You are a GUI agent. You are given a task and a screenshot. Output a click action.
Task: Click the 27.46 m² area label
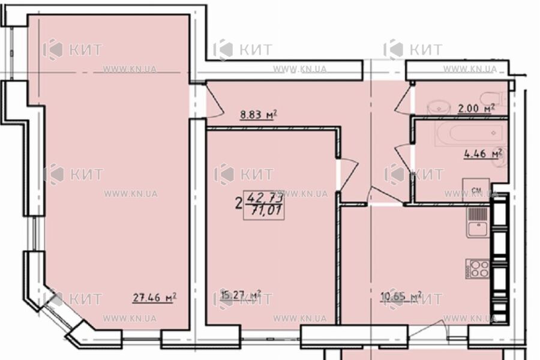pyautogui.click(x=154, y=296)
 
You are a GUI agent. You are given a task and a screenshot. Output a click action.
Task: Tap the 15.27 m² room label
pyautogui.click(x=240, y=295)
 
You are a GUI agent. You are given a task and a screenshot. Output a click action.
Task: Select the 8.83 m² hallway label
pyautogui.click(x=257, y=114)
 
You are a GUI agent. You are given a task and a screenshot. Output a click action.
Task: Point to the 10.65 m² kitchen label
pyautogui.click(x=401, y=295)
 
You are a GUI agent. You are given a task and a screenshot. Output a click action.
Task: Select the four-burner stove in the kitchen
pyautogui.click(x=478, y=268)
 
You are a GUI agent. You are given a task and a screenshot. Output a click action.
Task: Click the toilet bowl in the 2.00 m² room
pyautogui.click(x=493, y=100)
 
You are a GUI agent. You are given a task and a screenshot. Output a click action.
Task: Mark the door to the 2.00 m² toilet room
pyautogui.click(x=403, y=98)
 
